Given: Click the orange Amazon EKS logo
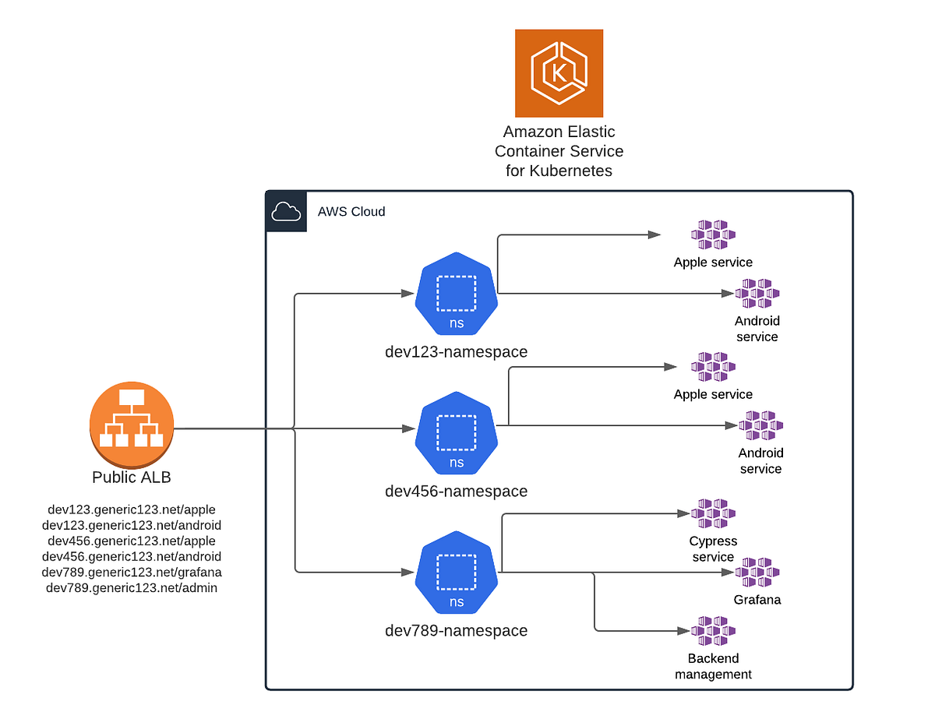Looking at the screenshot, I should (559, 73).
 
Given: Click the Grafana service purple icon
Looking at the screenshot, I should (757, 573).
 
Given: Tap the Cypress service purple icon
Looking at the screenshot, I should (713, 514).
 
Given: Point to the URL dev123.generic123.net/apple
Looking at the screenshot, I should (132, 509).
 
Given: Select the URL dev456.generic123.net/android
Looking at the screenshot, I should (132, 556).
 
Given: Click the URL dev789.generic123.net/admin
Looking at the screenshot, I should (132, 588).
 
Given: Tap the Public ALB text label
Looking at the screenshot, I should (131, 478).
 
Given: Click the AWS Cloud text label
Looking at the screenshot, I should (351, 211).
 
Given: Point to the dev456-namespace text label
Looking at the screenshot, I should (456, 492).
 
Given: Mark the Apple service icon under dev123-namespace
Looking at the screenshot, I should (713, 234).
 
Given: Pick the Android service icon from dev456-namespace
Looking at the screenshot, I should (760, 426).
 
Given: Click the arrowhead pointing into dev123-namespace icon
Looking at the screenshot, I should (408, 294).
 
